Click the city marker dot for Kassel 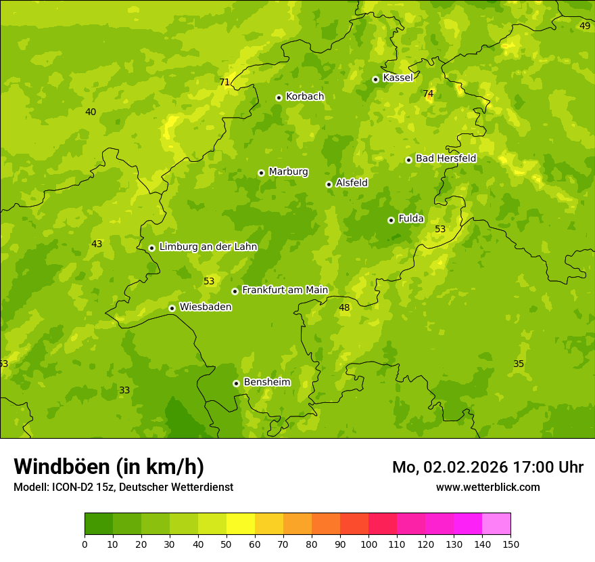(376, 79)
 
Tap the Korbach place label (305, 97)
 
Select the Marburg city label (288, 172)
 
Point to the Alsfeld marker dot (329, 184)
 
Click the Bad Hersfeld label (446, 158)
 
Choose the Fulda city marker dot (391, 220)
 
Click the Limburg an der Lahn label (208, 247)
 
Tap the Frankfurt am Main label (285, 290)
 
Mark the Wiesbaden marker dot (172, 308)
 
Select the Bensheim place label (266, 382)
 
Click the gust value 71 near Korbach (224, 83)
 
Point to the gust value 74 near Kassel (428, 93)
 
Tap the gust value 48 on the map (345, 307)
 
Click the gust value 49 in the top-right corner (585, 26)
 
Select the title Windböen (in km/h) (109, 467)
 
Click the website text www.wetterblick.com (487, 487)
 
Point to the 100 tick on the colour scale (368, 544)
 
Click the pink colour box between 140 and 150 (496, 524)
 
